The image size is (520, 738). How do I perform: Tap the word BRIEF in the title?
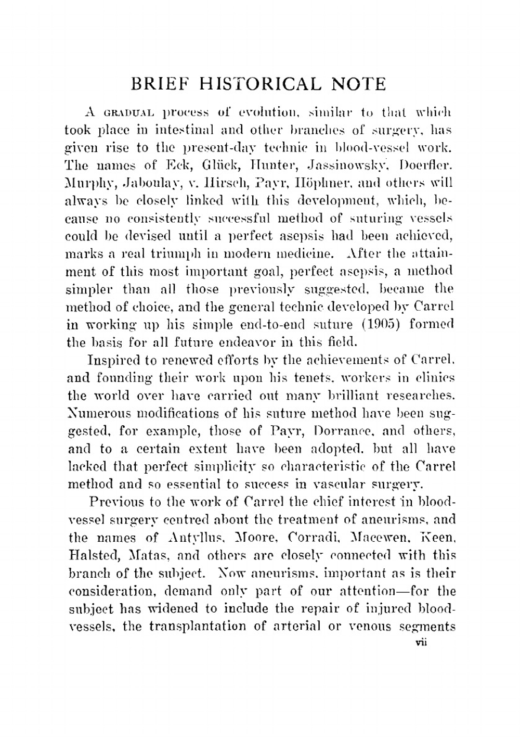pos(160,84)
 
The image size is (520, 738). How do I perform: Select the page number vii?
pos(421,643)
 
